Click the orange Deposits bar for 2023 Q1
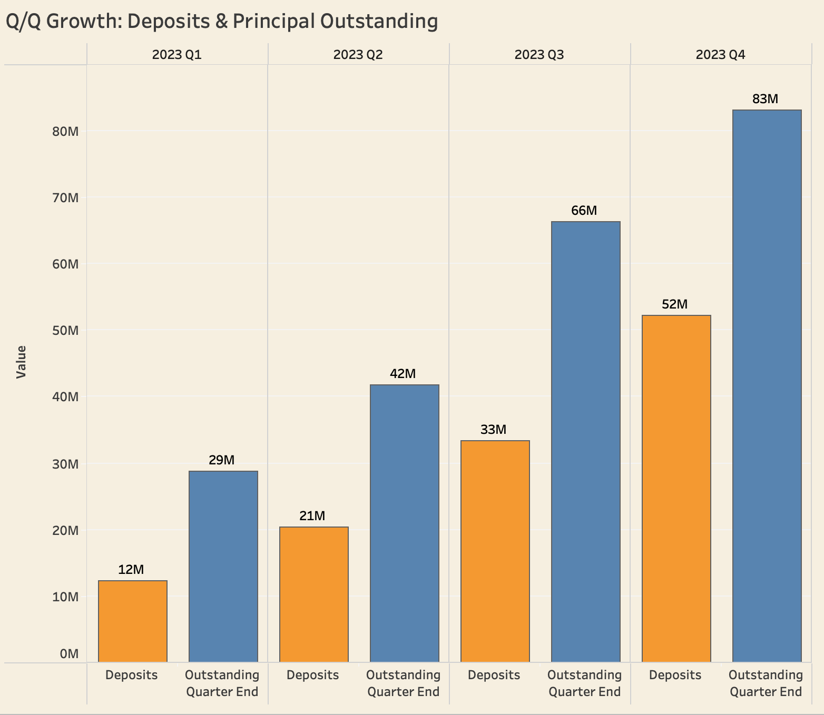[133, 621]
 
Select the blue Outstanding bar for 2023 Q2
[405, 523]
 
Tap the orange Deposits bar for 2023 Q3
[495, 551]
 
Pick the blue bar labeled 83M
[767, 386]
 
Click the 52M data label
[675, 304]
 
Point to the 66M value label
[584, 211]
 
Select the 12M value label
[131, 570]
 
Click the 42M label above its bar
[403, 374]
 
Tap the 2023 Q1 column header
[177, 55]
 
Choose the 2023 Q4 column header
[721, 55]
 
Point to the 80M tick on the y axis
[66, 131]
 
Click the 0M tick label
[69, 654]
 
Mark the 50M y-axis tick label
[66, 331]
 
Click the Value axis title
[21, 362]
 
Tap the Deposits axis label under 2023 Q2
[313, 675]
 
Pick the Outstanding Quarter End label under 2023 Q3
[585, 683]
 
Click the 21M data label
[312, 516]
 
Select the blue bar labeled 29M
[223, 567]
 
